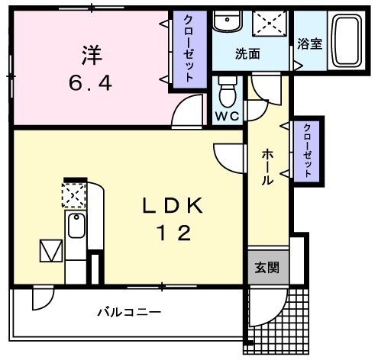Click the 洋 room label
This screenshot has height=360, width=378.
pos(89,55)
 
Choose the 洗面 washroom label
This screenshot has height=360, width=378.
pos(247,54)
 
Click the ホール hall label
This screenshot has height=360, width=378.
pos(268,168)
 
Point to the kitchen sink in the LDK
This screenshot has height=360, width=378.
pos(76,228)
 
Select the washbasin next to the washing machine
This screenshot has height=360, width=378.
pos(226,23)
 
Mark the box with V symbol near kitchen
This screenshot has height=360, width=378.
pos(50,251)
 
